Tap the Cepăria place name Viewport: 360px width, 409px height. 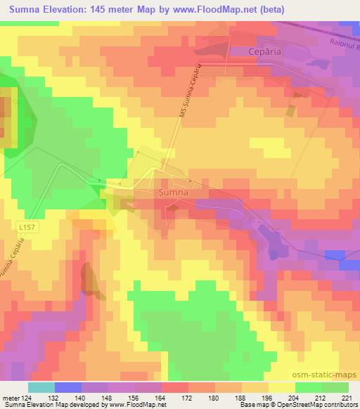[x=249, y=51]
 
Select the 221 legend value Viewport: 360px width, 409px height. [x=348, y=397]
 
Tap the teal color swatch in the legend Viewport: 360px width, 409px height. [x=41, y=387]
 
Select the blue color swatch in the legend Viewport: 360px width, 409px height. [x=68, y=387]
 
